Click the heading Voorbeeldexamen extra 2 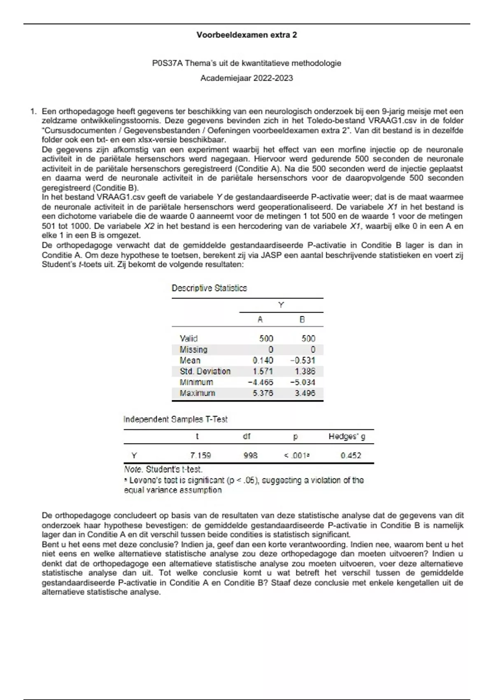247,35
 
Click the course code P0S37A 167,63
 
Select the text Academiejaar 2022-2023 247,78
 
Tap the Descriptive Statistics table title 209,288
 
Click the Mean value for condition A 263,360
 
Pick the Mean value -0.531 303,360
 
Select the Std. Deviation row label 205,371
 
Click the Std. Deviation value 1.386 305,371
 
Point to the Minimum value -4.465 260,383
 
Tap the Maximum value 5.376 263,393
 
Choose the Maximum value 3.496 305,393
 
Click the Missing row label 193,350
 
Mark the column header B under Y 302,320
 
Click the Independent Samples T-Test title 175,420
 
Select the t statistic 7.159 200,455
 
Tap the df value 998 250,455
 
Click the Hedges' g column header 347,436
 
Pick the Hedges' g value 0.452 351,455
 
